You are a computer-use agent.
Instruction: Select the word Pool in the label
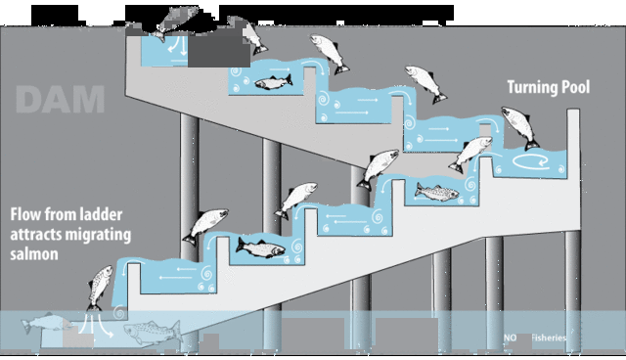click(577, 88)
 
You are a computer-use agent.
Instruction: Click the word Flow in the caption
click(29, 212)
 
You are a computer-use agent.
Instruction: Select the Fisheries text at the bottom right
click(548, 337)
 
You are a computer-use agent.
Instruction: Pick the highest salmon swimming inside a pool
click(274, 82)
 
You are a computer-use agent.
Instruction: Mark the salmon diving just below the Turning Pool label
click(514, 125)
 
